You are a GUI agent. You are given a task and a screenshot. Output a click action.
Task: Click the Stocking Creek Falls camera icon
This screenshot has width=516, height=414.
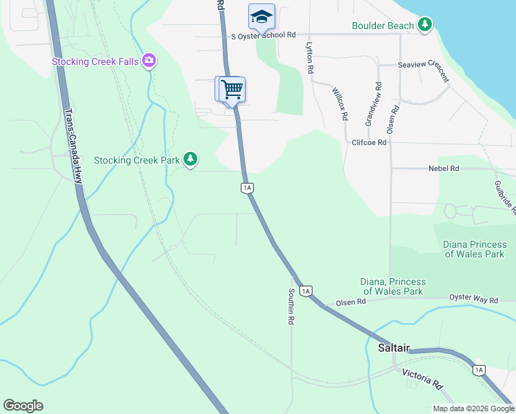click(x=149, y=61)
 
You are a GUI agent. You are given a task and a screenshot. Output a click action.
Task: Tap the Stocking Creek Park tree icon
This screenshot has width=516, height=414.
click(x=191, y=160)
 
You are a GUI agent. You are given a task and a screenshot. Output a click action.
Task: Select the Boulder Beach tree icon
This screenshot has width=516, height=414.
click(x=426, y=26)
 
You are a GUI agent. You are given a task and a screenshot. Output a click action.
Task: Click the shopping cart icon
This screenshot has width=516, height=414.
click(x=232, y=89)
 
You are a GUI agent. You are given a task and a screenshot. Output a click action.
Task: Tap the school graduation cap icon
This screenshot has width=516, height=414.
click(x=261, y=15)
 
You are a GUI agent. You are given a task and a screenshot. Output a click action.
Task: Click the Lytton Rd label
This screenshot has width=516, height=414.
click(x=310, y=58)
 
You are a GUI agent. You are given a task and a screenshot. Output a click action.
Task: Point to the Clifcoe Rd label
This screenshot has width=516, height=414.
click(x=370, y=141)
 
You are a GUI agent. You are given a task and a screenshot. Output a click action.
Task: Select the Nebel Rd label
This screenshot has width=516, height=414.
click(x=444, y=168)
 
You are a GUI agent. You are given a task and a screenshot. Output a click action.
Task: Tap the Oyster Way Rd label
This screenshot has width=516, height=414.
click(x=473, y=300)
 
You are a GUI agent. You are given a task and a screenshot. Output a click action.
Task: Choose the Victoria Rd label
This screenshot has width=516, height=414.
click(x=422, y=378)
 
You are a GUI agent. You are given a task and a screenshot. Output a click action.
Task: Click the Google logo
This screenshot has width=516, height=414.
click(x=23, y=406)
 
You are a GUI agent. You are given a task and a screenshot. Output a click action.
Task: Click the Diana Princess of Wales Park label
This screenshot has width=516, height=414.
click(x=474, y=249)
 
